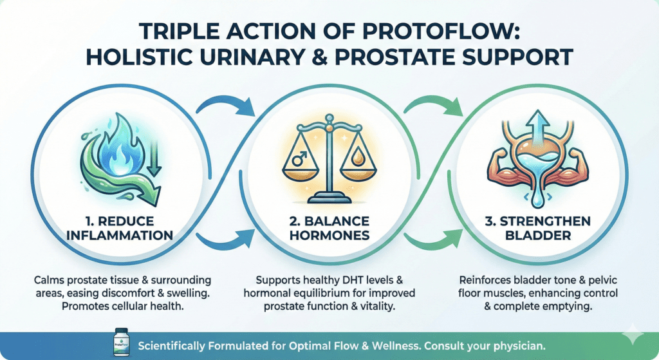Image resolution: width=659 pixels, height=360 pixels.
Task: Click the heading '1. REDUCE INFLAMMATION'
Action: [x=122, y=227]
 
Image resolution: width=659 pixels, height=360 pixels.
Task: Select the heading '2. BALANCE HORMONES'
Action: [x=329, y=227]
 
